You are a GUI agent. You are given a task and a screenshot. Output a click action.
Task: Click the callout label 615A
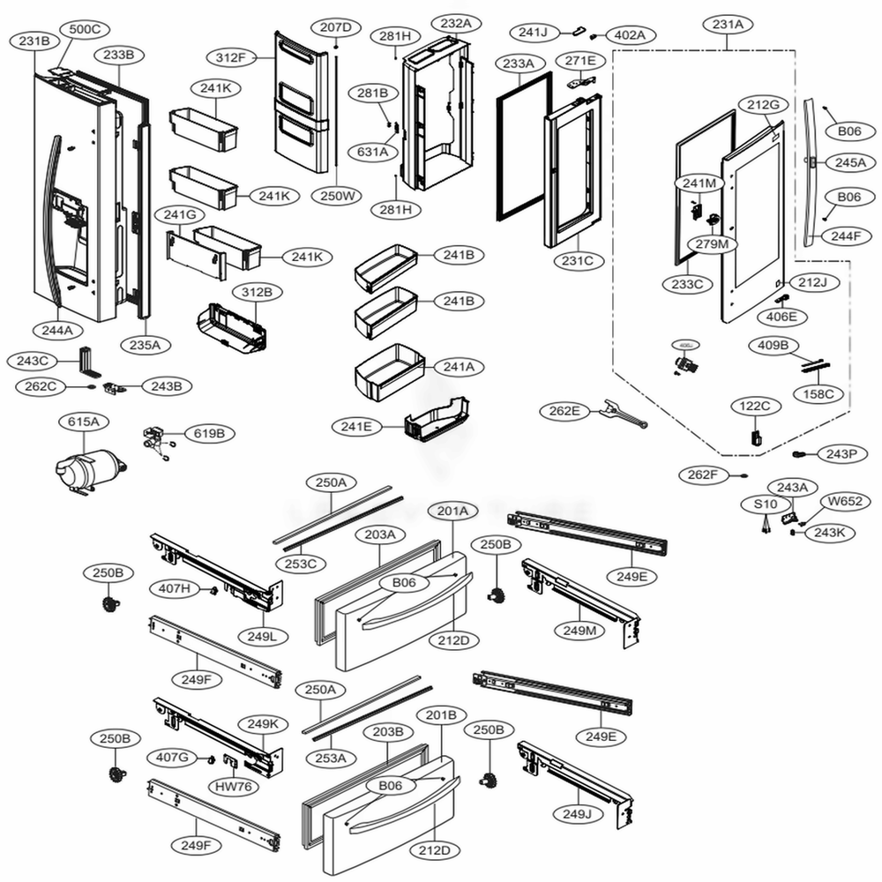pos(83,422)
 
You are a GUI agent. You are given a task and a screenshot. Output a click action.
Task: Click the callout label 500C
pos(85,29)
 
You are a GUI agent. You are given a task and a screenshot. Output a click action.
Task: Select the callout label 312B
pos(251,292)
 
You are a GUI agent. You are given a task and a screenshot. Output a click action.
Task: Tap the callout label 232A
pos(451,24)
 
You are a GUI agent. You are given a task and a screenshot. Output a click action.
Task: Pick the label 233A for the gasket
pos(519,64)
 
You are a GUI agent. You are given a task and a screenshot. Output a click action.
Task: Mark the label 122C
pos(755,407)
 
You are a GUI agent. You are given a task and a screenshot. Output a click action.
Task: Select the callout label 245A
pos(850,163)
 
